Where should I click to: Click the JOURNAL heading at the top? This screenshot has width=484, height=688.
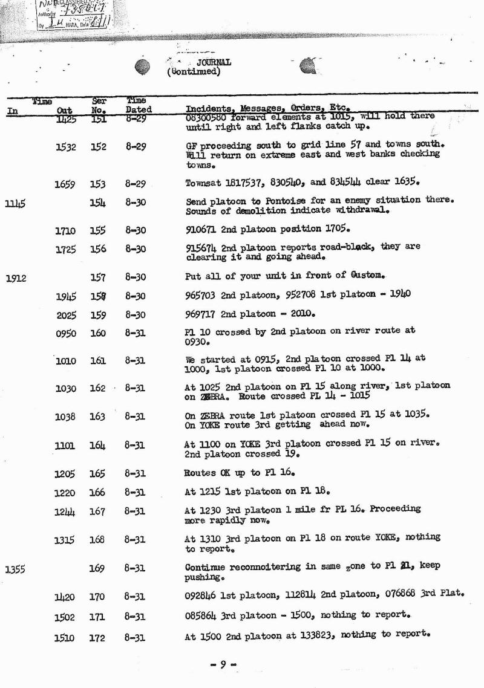212,62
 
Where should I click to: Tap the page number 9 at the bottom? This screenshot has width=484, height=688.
223,664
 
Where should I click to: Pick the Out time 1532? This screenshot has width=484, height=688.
66,147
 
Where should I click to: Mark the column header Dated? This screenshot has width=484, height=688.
139,110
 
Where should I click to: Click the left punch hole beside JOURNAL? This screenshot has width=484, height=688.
142,67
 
